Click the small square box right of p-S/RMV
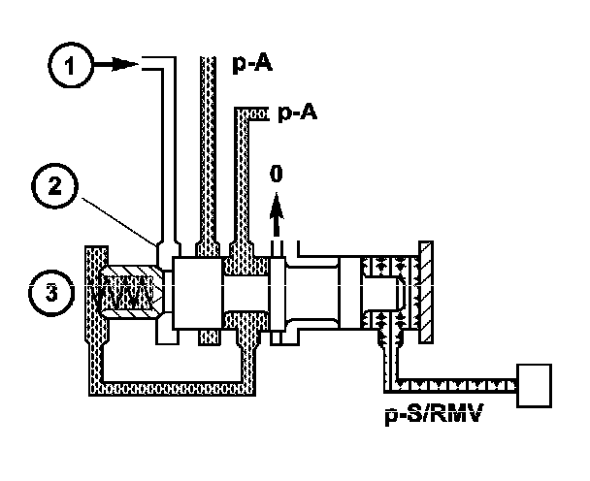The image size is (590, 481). [537, 387]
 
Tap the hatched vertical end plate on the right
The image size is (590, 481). [424, 290]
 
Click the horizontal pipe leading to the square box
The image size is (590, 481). [456, 386]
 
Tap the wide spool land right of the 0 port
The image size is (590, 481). [320, 290]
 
